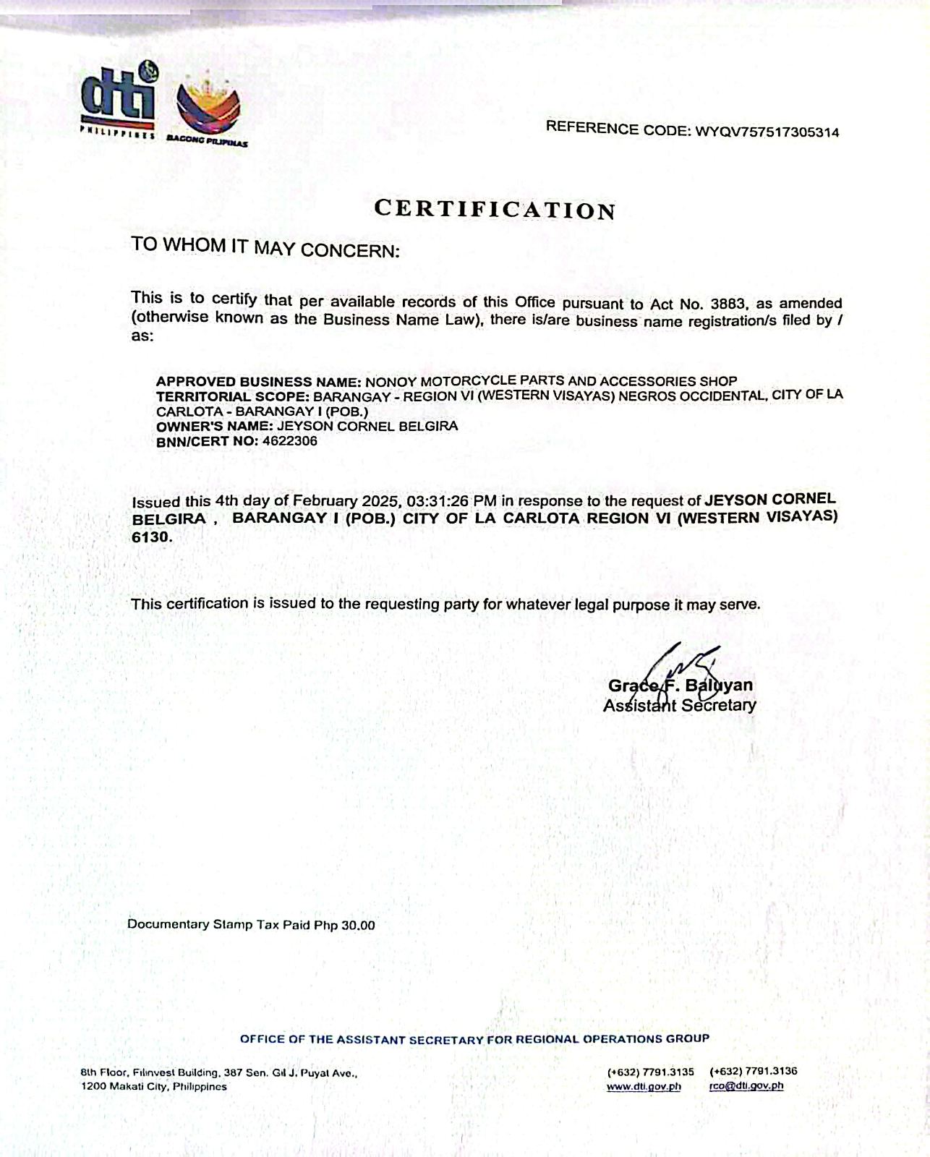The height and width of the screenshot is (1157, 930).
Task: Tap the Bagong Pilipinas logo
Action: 208,106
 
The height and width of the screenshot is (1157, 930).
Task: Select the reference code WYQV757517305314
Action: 767,132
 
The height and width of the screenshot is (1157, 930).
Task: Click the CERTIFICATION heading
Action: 495,209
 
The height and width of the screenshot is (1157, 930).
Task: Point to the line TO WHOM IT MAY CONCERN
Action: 265,247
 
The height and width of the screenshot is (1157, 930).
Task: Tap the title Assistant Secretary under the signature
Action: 679,705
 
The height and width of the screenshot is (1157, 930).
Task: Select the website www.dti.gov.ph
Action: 644,1086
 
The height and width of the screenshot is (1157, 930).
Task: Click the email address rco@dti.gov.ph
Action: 746,1085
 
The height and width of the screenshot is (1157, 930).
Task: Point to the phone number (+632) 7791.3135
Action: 650,1072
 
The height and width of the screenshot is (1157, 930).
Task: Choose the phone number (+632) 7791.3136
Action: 754,1071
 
